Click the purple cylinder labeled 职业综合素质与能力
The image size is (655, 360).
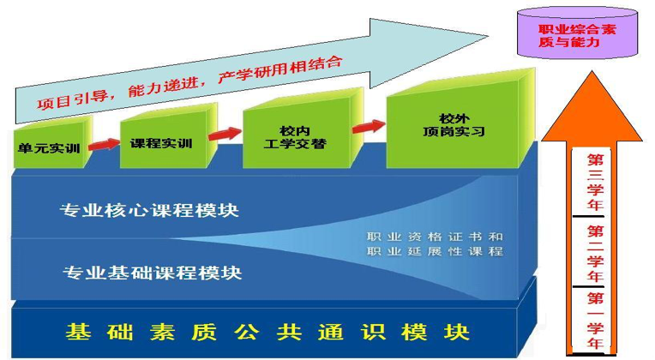tap(577, 33)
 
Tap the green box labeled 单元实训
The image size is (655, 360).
tap(52, 142)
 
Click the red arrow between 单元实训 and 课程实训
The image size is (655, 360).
tap(104, 145)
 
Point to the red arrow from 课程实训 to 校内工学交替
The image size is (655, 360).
tap(225, 134)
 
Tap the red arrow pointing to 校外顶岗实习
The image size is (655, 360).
tap(369, 126)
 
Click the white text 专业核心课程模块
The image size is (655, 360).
tap(149, 210)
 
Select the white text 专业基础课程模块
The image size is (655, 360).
tap(153, 273)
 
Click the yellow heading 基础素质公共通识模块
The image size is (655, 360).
tap(267, 332)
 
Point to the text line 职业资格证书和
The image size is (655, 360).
tap(435, 237)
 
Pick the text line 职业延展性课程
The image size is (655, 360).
tap(435, 251)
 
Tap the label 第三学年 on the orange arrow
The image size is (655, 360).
tap(595, 183)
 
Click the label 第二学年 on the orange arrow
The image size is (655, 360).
tap(595, 254)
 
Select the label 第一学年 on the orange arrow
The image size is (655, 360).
tap(595, 321)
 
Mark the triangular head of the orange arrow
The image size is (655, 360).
tap(592, 113)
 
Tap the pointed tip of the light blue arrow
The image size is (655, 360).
tap(488, 36)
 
